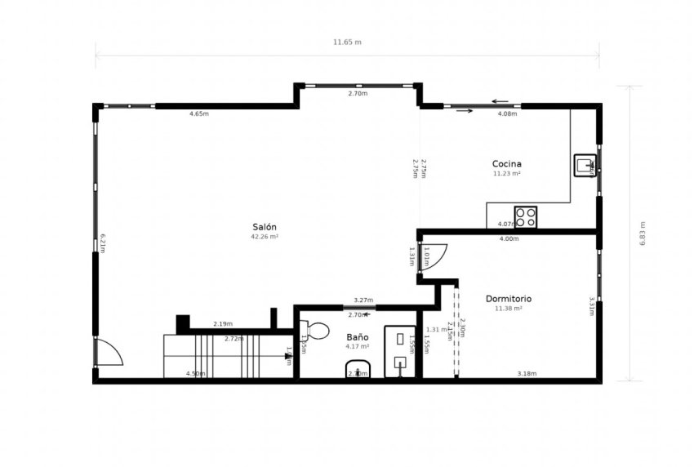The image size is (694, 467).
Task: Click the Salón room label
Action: (x=265, y=227)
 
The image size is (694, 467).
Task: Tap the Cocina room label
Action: (x=506, y=163)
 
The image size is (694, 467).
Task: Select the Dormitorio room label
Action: (x=508, y=298)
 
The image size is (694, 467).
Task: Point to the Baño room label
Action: (x=357, y=336)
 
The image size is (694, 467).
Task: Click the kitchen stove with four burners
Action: (x=526, y=217)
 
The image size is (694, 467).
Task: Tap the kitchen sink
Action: (x=585, y=166)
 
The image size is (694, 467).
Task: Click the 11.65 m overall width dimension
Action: (x=347, y=41)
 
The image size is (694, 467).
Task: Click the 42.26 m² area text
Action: (x=265, y=237)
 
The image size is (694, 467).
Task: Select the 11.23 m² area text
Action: (x=506, y=173)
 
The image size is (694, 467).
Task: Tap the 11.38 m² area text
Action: (x=508, y=308)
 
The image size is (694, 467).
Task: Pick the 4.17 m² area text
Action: (x=357, y=346)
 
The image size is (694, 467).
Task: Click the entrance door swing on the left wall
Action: (x=108, y=353)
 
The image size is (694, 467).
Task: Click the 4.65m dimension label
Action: (x=198, y=113)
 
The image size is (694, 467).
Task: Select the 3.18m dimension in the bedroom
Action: (x=527, y=374)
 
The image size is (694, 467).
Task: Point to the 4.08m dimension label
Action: (x=507, y=113)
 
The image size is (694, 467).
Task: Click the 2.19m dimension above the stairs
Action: (x=222, y=324)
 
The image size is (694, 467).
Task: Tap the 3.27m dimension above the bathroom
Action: (x=363, y=300)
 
